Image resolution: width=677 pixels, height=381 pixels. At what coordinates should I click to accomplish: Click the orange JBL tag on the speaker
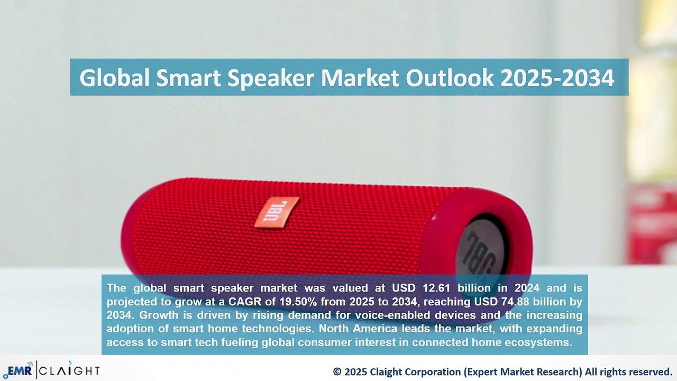(x=277, y=212)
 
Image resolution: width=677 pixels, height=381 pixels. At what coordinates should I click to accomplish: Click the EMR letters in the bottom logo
(x=20, y=370)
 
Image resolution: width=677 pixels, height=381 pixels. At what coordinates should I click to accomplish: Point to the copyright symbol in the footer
(x=337, y=371)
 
